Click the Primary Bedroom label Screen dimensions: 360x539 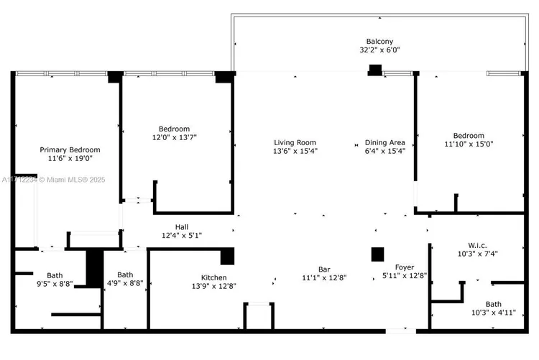[70, 149]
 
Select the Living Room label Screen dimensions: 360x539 [295, 142]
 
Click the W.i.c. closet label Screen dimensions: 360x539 [477, 245]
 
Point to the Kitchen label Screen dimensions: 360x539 [213, 277]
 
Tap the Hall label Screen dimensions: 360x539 [182, 226]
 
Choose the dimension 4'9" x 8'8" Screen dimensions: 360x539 [125, 284]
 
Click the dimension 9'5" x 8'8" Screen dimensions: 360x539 [55, 285]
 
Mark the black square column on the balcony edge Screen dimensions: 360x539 [375, 70]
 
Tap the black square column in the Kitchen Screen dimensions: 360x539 [228, 256]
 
